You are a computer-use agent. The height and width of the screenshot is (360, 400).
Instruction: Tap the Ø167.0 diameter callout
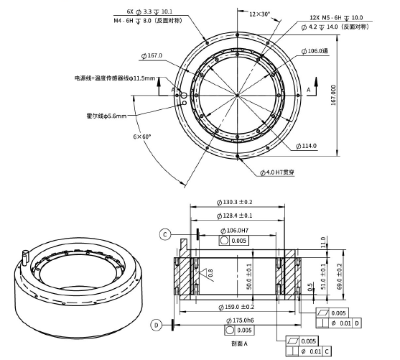(152, 55)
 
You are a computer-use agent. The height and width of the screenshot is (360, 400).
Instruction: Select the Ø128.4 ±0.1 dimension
(236, 216)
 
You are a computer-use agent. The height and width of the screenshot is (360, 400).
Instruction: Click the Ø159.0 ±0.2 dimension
(236, 307)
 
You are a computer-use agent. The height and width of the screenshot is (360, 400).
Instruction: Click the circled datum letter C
(165, 234)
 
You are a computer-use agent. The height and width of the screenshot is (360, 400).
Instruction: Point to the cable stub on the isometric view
(26, 255)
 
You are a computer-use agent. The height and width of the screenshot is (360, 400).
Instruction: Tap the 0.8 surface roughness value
(210, 272)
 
